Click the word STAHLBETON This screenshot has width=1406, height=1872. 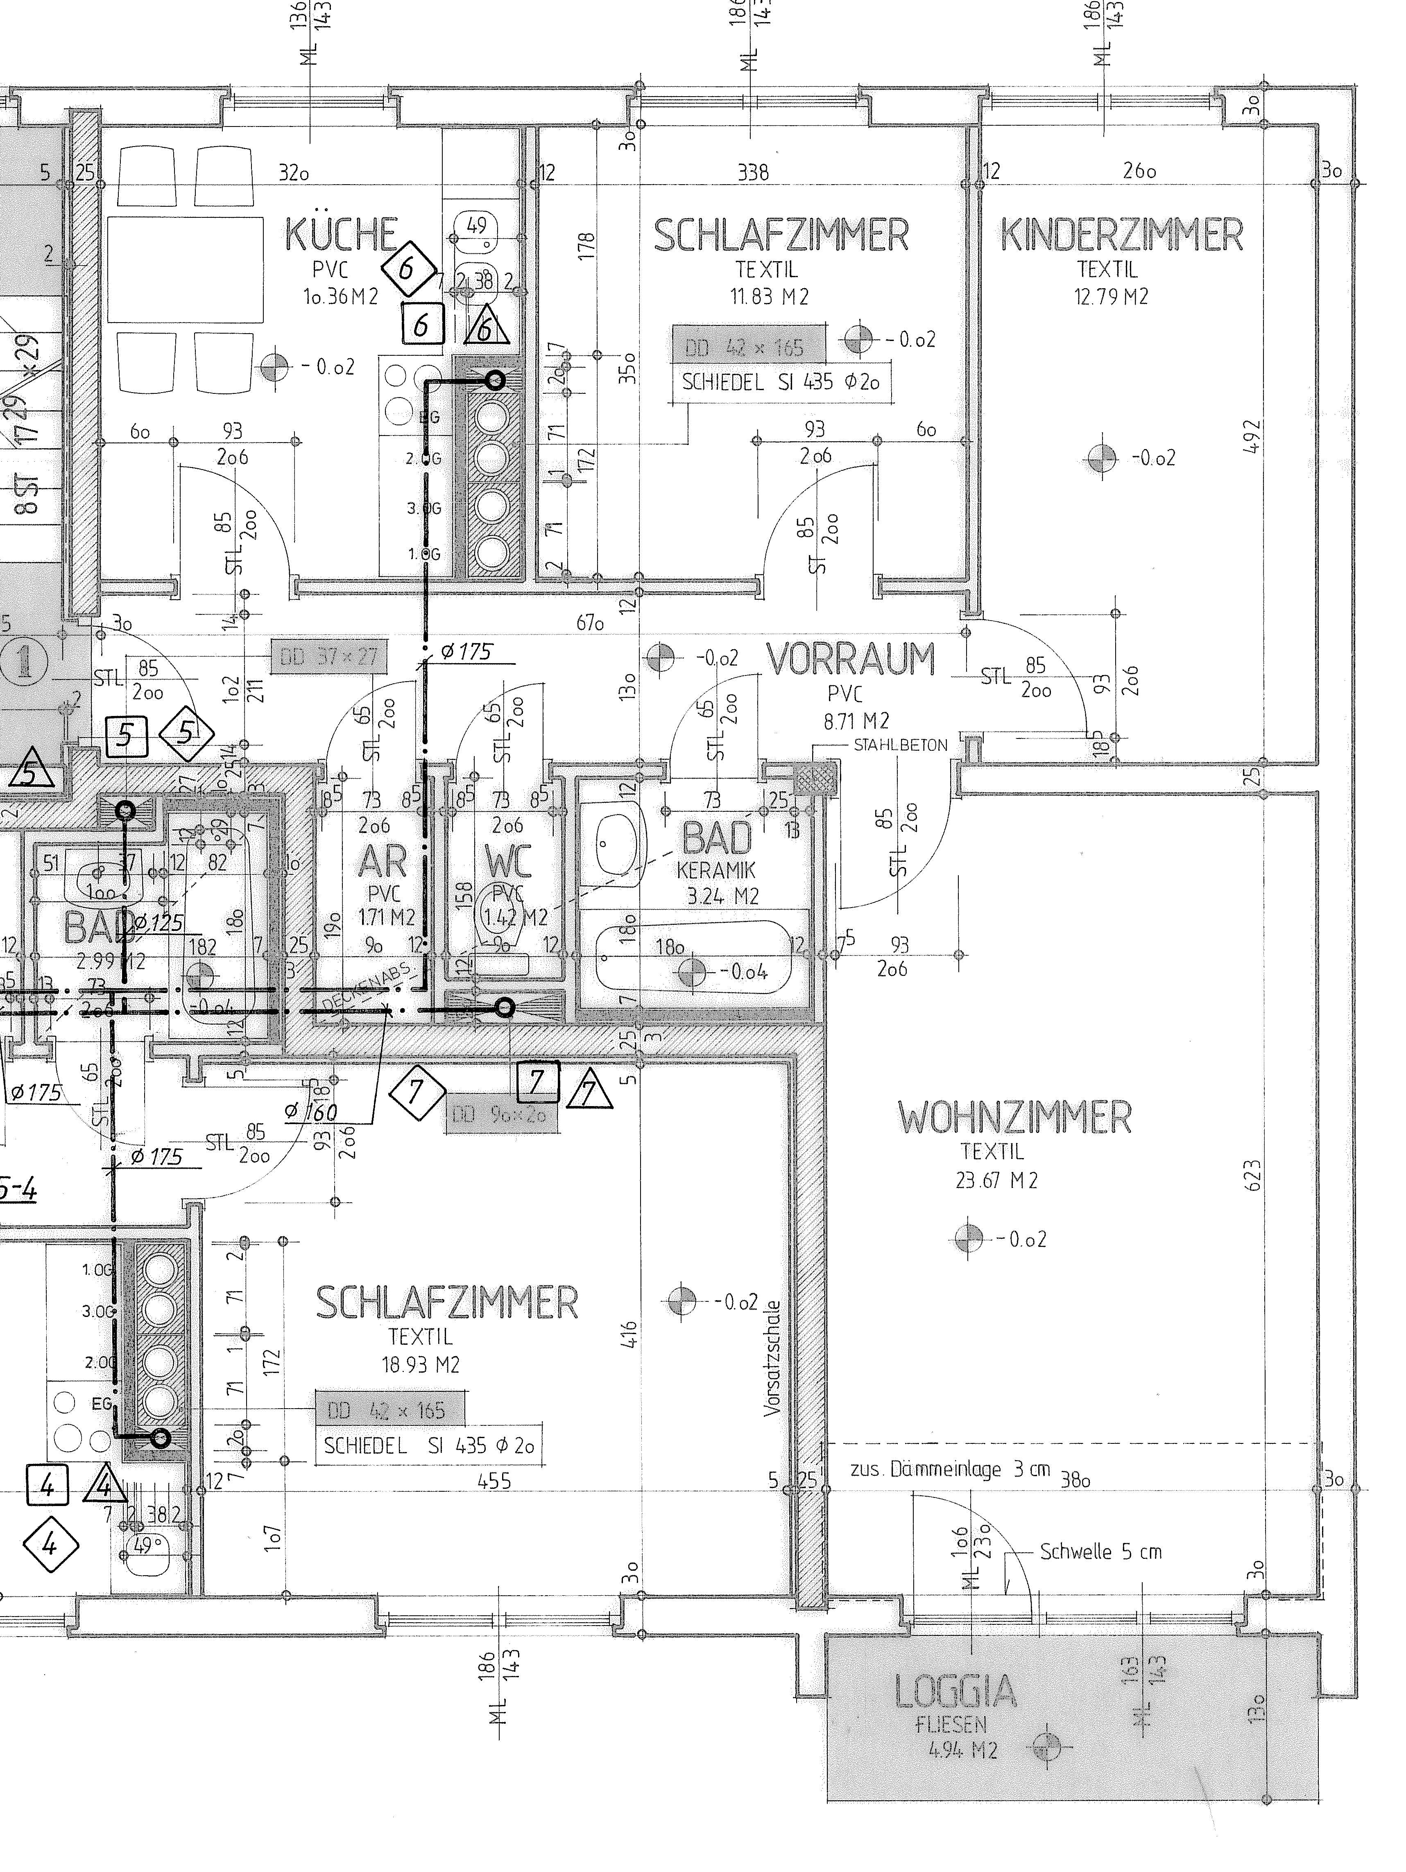coord(900,745)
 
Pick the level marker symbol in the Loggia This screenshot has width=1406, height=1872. coord(1047,1745)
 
